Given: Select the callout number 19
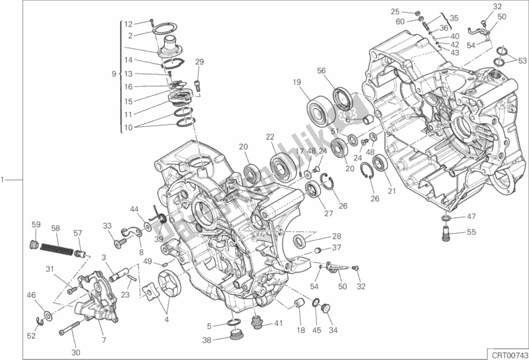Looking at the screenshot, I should [297, 83].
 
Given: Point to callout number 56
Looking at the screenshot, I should [320, 71].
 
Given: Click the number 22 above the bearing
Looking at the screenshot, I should [270, 137].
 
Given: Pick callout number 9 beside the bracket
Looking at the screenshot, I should [115, 73].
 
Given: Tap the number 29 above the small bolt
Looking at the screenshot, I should [199, 62].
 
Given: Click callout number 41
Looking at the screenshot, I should [278, 324].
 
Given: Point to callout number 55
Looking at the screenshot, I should [471, 232].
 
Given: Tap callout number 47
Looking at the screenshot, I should [471, 216].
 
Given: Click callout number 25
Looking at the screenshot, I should [395, 11].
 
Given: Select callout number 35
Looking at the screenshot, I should [454, 18].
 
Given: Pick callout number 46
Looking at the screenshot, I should [30, 294].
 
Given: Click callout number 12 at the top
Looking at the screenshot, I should [129, 24].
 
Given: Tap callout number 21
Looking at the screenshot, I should [391, 192].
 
